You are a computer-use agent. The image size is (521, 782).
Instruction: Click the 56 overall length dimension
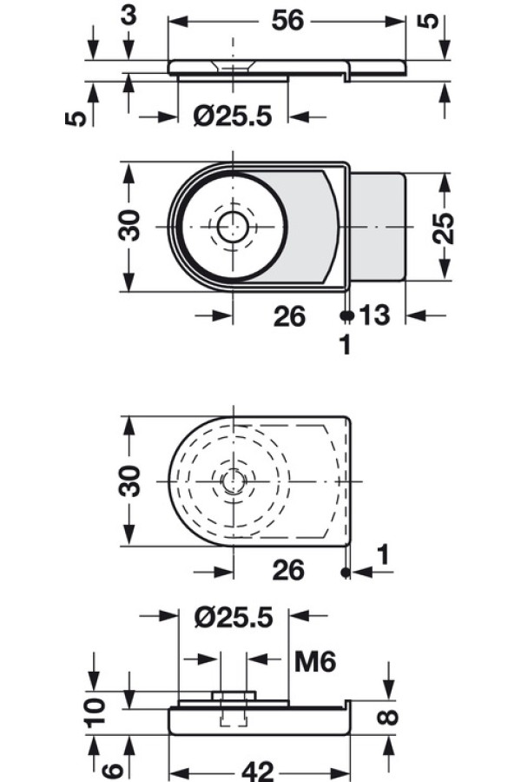(x=287, y=21)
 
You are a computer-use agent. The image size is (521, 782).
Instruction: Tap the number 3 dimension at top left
(x=129, y=16)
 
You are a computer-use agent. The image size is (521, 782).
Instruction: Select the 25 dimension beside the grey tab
(x=443, y=228)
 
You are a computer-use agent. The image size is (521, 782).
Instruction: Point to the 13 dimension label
(x=374, y=315)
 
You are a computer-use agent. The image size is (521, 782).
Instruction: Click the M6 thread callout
(x=315, y=661)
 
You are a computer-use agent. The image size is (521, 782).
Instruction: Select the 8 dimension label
(x=389, y=717)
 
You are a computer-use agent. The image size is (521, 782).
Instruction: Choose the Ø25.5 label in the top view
(x=233, y=116)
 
